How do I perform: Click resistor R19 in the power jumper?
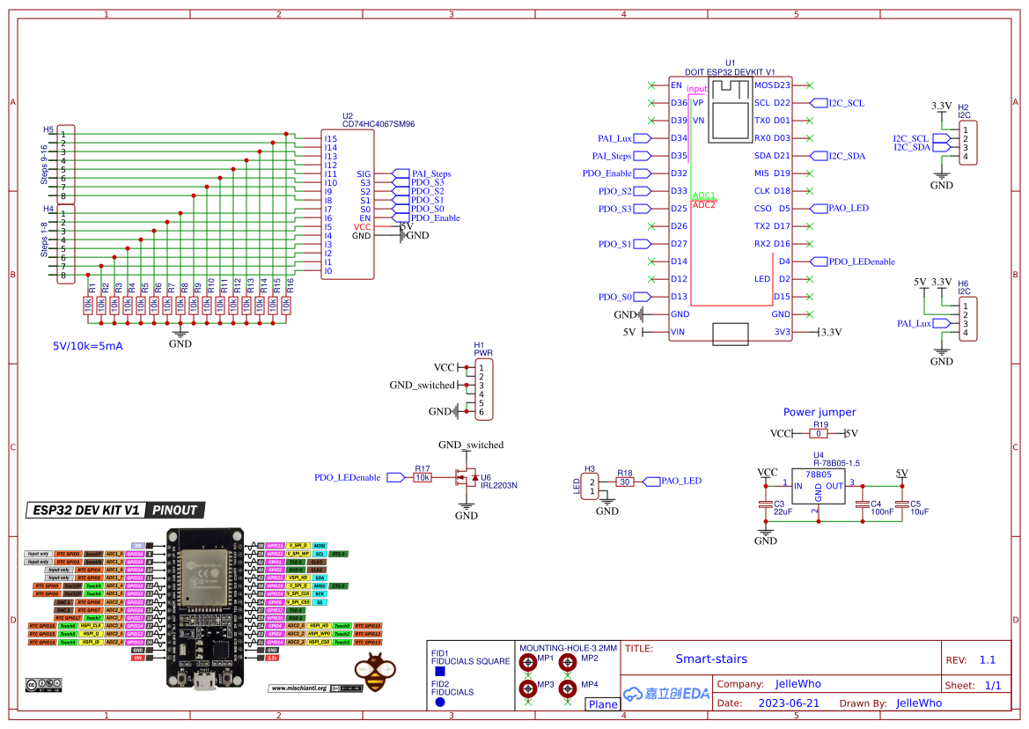pyautogui.click(x=819, y=434)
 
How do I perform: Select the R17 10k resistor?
pyautogui.click(x=423, y=477)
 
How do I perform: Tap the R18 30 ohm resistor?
pyautogui.click(x=625, y=482)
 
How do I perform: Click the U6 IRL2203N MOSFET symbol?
pyautogui.click(x=466, y=478)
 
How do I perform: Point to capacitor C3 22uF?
pyautogui.click(x=766, y=505)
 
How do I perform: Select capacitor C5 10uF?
pyautogui.click(x=901, y=505)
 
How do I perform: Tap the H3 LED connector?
pyautogui.click(x=592, y=486)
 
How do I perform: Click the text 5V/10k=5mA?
pyautogui.click(x=88, y=346)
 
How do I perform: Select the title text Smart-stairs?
pyautogui.click(x=711, y=659)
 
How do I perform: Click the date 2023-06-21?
pyautogui.click(x=788, y=703)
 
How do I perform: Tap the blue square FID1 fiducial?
pyautogui.click(x=439, y=672)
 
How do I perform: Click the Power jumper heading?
pyautogui.click(x=819, y=412)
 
